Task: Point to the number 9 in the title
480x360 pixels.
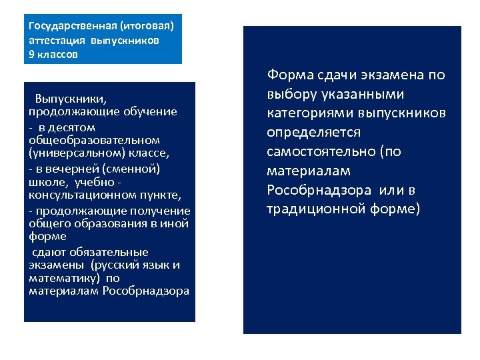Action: pos(33,55)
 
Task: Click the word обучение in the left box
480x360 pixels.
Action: pos(154,111)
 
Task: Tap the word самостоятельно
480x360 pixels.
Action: pos(321,152)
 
